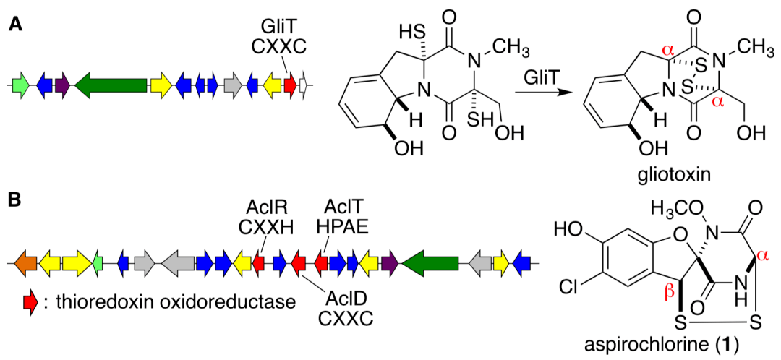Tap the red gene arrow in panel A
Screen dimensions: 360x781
coord(289,85)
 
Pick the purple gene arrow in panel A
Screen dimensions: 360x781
coord(62,85)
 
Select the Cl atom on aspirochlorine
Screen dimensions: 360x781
coord(571,288)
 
